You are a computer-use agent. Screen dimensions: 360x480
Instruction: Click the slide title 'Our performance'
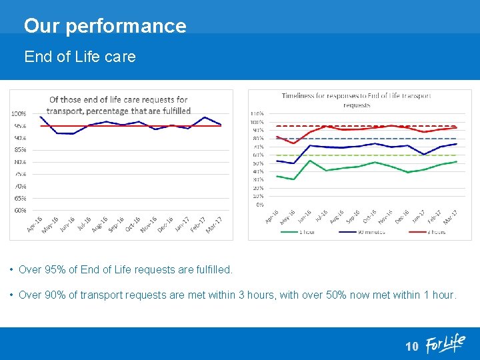[105, 26]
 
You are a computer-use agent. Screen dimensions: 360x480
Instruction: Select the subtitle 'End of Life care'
[80, 57]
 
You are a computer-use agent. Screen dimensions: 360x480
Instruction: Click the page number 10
[412, 346]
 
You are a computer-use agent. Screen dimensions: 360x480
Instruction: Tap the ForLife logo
[445, 343]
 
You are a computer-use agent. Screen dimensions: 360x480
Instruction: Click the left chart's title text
[120, 105]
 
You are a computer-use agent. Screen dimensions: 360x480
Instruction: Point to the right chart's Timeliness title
[357, 100]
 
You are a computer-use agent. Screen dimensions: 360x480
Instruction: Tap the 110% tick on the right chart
[257, 113]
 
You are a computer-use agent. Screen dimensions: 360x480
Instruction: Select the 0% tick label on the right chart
[259, 205]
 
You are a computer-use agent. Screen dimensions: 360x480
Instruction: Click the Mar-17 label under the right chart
[451, 217]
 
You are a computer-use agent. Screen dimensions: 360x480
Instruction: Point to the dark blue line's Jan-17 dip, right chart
[424, 155]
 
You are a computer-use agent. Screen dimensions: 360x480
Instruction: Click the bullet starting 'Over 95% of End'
[125, 270]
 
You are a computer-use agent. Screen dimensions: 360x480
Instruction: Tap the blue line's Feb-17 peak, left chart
[205, 117]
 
